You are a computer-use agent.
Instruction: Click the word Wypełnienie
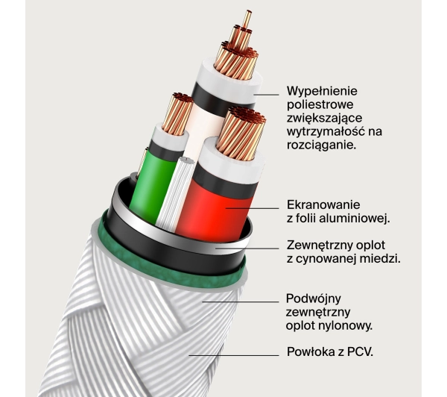[x=322, y=91]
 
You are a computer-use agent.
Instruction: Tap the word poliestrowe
[x=320, y=104]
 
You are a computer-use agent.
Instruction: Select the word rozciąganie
[x=321, y=145]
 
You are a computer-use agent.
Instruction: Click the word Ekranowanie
[x=323, y=204]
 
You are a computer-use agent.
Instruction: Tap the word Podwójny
[x=314, y=298]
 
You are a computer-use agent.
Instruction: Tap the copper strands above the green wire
[x=177, y=113]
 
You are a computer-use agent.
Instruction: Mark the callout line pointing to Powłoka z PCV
[x=234, y=356]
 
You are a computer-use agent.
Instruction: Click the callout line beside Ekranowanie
[x=253, y=208]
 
